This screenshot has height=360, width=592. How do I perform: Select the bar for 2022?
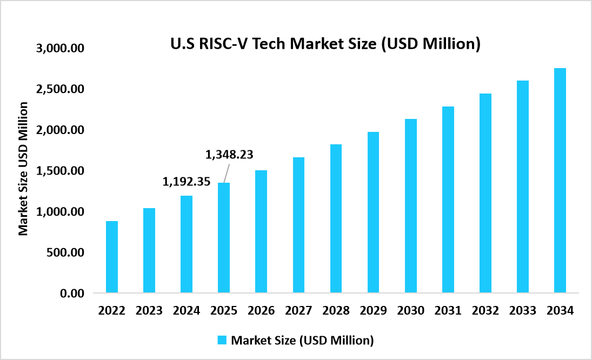click(112, 257)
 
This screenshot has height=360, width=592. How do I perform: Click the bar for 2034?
click(560, 181)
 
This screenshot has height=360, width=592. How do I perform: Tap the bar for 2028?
click(336, 219)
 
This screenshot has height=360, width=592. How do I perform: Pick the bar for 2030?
click(410, 206)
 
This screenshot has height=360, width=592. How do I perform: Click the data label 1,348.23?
click(229, 155)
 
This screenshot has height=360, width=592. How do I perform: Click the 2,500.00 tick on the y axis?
click(61, 89)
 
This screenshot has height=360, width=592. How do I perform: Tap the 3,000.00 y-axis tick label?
click(61, 48)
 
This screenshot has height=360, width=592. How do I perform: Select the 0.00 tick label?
click(72, 294)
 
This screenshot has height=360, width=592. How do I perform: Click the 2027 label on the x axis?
click(298, 311)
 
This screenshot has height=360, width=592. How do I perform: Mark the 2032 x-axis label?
click(485, 311)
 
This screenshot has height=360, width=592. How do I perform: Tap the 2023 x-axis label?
click(149, 311)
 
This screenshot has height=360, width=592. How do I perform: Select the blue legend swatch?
click(222, 340)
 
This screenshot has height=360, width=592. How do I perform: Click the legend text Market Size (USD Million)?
click(302, 341)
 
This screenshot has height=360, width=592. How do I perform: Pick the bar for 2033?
click(522, 187)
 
